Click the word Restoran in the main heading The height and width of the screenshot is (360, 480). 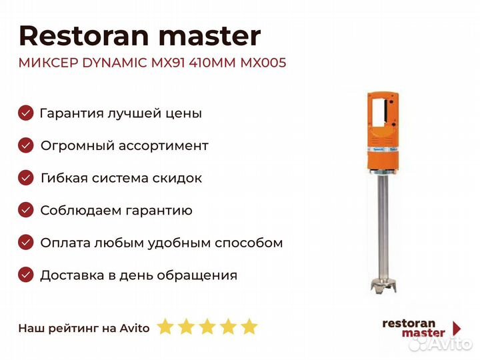click(x=84, y=36)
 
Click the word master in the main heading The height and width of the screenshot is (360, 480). click(x=210, y=37)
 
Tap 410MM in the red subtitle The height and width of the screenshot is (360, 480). click(x=212, y=63)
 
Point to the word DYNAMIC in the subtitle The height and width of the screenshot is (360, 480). click(x=115, y=63)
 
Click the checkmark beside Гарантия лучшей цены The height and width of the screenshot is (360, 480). click(x=26, y=113)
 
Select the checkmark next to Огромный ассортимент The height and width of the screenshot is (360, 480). click(x=26, y=145)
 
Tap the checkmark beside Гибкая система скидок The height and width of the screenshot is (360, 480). click(x=26, y=178)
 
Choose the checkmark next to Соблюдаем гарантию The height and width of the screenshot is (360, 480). click(x=26, y=210)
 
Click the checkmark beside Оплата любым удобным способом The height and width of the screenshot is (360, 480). click(x=26, y=243)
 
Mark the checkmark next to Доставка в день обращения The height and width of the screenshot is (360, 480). click(x=26, y=275)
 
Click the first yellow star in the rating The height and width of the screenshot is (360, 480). click(x=165, y=327)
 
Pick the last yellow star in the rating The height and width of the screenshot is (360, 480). click(x=249, y=327)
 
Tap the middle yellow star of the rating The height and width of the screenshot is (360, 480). click(x=207, y=327)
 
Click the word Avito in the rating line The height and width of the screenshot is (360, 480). click(x=135, y=328)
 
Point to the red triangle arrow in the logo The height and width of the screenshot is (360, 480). click(x=457, y=328)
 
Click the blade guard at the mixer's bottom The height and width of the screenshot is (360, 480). click(x=383, y=285)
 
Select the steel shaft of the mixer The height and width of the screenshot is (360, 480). click(x=383, y=227)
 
